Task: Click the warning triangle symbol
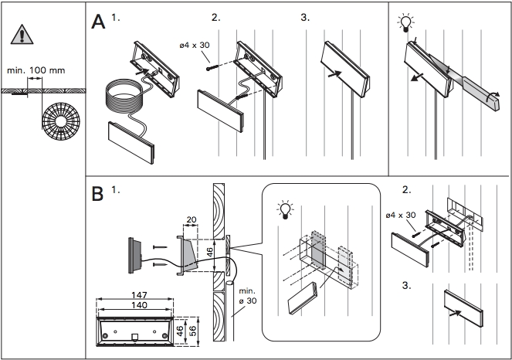click(23, 35)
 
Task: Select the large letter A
click(98, 22)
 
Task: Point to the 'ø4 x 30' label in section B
click(399, 216)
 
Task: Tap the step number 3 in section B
click(407, 285)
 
